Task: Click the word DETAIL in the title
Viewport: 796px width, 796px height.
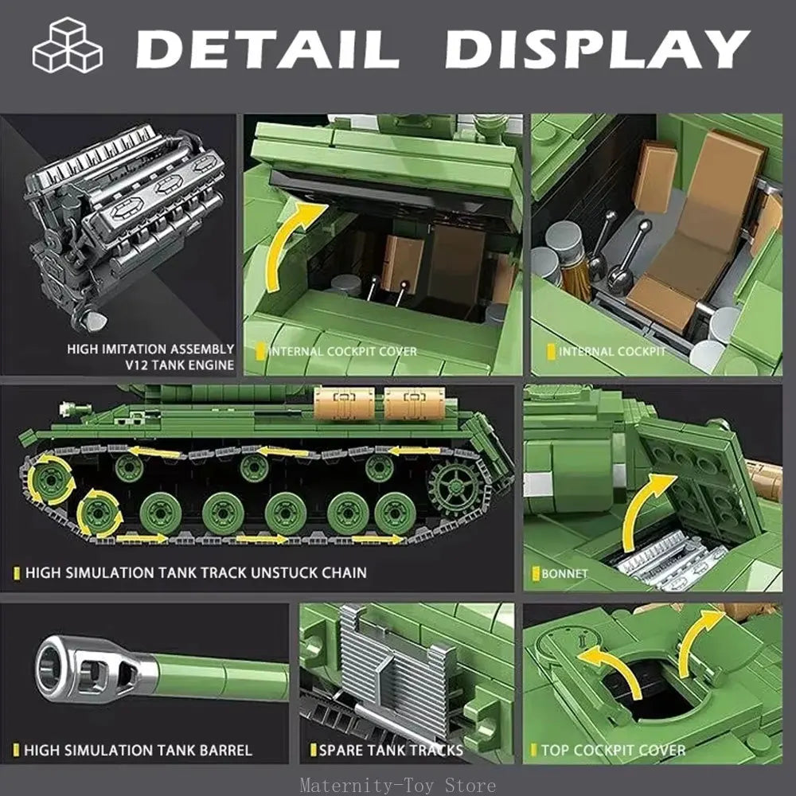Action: click(267, 49)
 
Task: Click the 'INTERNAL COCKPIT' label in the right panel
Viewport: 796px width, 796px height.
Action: click(611, 351)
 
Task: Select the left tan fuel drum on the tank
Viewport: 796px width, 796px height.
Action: click(344, 404)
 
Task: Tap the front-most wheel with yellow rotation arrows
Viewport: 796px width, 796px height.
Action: click(51, 481)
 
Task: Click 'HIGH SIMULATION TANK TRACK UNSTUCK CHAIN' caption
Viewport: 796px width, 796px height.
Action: click(196, 572)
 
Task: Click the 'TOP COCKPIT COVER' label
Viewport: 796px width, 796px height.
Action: click(613, 750)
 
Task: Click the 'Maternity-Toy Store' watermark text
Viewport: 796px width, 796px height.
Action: click(398, 785)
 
